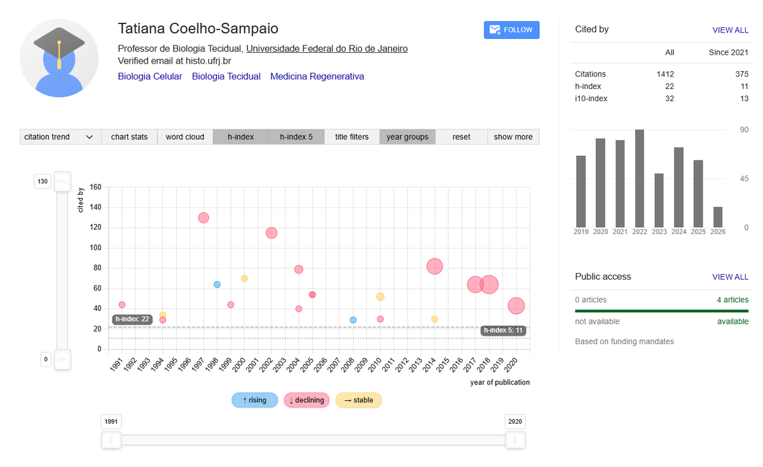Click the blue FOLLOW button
point(511,30)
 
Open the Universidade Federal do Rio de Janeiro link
point(327,48)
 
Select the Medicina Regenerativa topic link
point(317,76)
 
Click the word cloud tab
point(185,137)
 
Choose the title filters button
point(352,137)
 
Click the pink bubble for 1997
point(203,218)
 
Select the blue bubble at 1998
point(217,284)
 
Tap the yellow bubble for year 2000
point(244,279)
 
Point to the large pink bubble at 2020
point(516,306)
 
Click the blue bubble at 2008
point(353,320)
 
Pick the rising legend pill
point(254,400)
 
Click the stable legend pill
point(359,400)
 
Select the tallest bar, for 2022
point(640,178)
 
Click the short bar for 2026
point(718,217)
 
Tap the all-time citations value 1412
point(665,74)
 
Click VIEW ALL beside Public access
point(731,277)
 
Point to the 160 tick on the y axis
point(95,187)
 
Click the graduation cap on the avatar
point(59,43)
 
